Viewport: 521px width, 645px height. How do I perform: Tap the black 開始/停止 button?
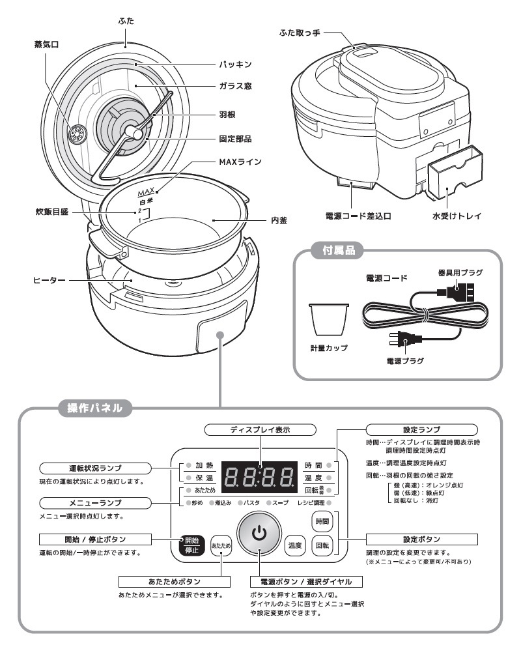point(191,545)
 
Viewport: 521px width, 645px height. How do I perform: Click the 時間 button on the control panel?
point(322,521)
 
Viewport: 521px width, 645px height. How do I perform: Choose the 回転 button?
point(322,545)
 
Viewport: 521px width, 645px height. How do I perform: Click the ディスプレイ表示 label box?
point(260,430)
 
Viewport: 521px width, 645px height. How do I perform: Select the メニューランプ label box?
point(95,503)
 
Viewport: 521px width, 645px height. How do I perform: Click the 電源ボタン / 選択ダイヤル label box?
point(306,581)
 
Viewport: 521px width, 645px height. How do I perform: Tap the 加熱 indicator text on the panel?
point(204,466)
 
